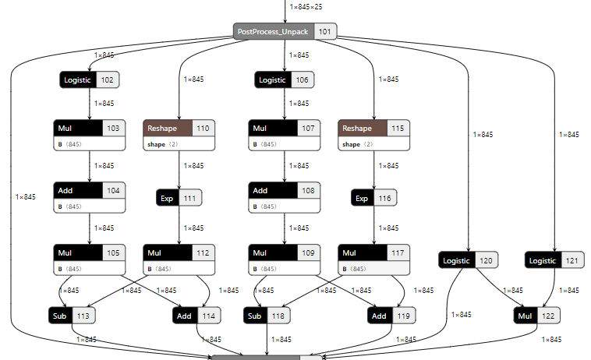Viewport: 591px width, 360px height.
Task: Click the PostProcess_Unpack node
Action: (285, 31)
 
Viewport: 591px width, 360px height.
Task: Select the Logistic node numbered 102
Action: (89, 79)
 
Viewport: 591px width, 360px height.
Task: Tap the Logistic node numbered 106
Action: (285, 79)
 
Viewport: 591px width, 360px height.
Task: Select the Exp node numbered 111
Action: (179, 199)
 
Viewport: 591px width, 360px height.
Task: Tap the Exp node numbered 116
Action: (373, 199)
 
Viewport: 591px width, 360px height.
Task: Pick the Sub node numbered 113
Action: (72, 316)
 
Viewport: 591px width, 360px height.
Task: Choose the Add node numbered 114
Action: (195, 316)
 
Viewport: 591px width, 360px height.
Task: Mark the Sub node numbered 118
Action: (267, 316)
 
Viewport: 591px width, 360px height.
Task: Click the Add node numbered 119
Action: (390, 316)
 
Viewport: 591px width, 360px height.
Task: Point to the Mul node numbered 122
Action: (536, 316)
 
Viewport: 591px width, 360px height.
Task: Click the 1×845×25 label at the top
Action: (305, 7)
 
